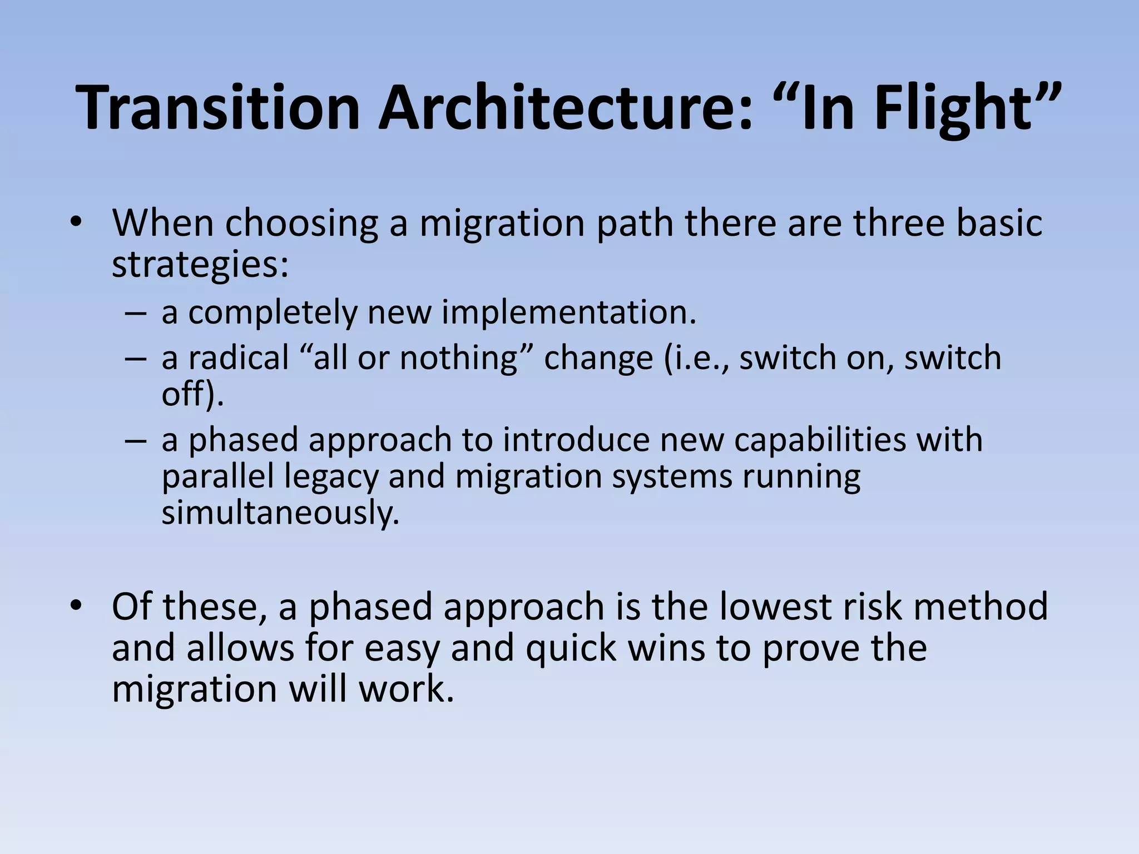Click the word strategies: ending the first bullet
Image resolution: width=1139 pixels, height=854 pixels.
pyautogui.click(x=200, y=265)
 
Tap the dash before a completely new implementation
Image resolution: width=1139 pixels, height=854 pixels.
pyautogui.click(x=136, y=314)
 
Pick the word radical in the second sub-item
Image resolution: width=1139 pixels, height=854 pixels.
pyautogui.click(x=239, y=358)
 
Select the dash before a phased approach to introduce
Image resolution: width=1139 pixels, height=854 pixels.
pyautogui.click(x=136, y=440)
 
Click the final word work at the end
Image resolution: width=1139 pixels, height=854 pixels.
pyautogui.click(x=406, y=689)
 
